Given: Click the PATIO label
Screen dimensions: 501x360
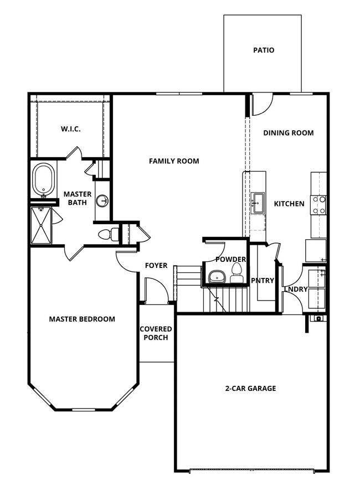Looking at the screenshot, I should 264,50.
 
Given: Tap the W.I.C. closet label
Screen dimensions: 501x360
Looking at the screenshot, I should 70,129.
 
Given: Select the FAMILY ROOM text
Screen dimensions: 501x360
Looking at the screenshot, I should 174,161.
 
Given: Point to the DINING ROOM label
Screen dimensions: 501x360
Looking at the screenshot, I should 288,133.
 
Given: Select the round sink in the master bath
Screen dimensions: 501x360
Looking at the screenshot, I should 102,201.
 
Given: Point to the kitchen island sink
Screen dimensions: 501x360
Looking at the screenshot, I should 258,203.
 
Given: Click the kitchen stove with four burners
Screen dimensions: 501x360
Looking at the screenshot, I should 318,205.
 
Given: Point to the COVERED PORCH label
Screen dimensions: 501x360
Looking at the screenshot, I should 156,333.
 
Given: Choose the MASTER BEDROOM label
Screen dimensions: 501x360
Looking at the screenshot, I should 82,319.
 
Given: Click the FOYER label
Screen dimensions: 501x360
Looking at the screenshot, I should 156,266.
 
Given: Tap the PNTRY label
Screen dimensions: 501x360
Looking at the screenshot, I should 263,281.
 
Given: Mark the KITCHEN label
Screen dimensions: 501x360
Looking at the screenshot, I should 289,204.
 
